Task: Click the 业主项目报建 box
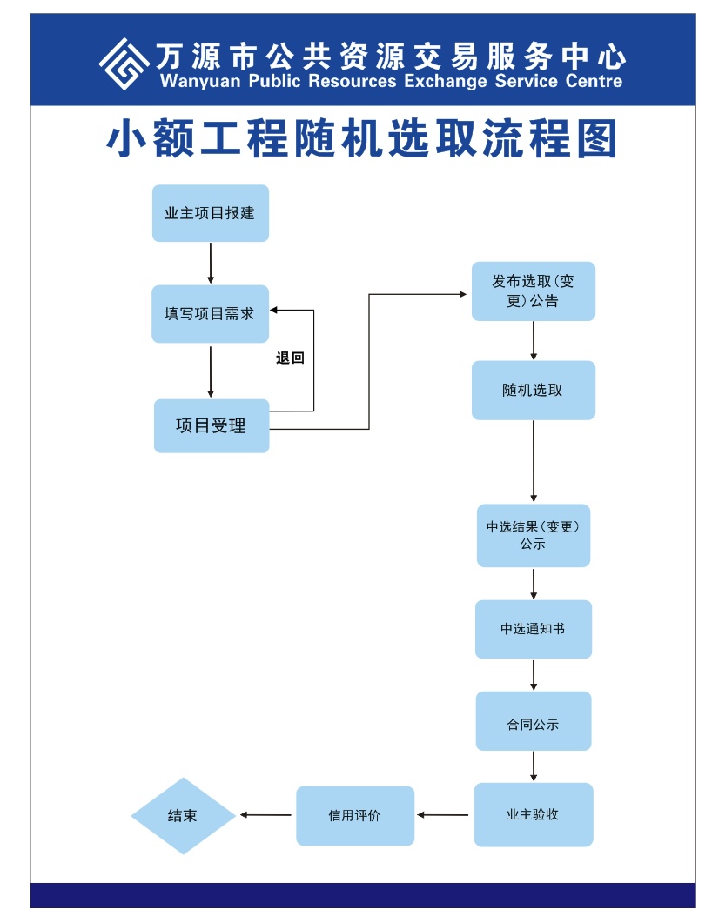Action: tap(211, 213)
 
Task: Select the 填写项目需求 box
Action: tap(211, 314)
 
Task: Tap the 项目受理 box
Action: tap(212, 425)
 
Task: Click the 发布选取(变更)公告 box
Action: tap(533, 291)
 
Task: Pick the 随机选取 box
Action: tap(533, 391)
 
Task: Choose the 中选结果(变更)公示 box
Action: tap(533, 535)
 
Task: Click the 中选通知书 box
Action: tap(533, 629)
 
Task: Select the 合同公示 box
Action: tap(533, 721)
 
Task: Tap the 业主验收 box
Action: tap(533, 814)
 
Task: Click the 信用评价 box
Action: tap(355, 816)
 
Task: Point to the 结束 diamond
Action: tap(183, 816)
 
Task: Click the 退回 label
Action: tap(290, 358)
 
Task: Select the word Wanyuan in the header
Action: tap(199, 81)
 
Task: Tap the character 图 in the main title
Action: tap(597, 139)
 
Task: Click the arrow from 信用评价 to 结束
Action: tap(265, 815)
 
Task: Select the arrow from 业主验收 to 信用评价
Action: tap(443, 815)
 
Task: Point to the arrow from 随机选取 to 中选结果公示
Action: tap(534, 461)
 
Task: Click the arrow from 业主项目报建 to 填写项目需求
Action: tap(211, 263)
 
